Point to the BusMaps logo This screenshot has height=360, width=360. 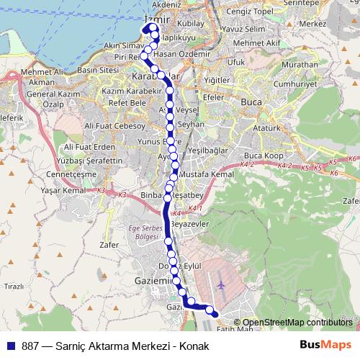click(326, 345)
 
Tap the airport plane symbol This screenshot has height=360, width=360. click(220, 285)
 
